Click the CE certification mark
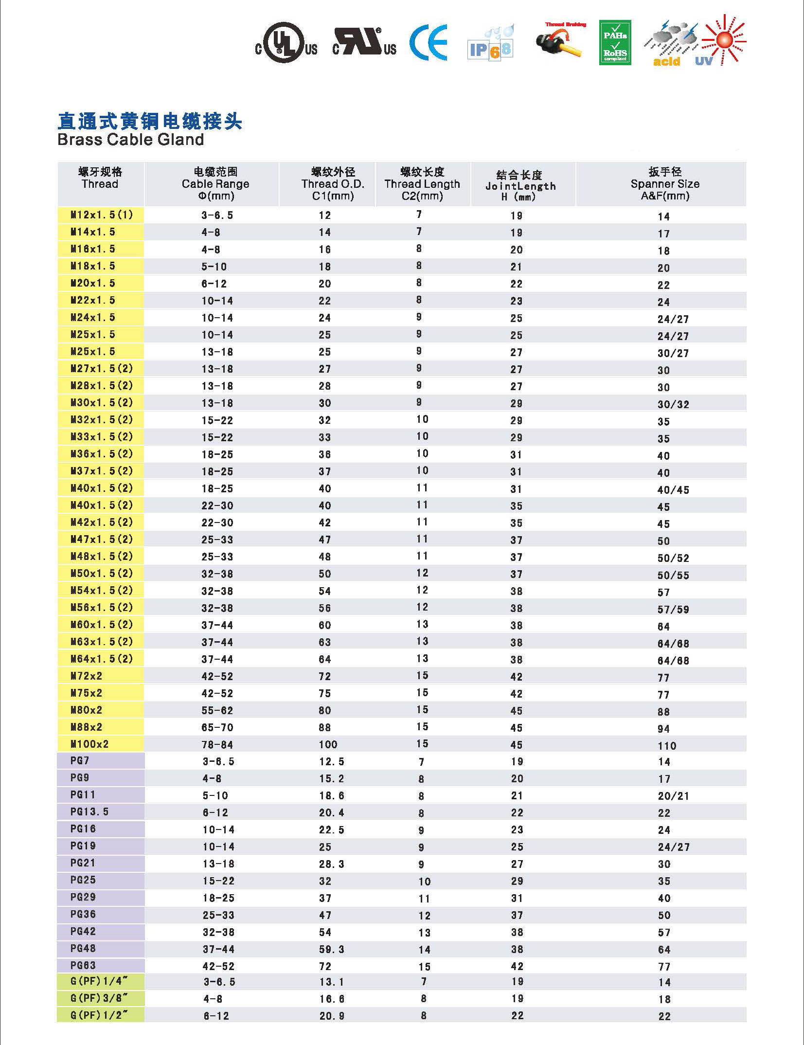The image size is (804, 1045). [428, 43]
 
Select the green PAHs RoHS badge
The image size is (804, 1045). [615, 42]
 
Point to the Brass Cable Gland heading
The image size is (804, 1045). [130, 140]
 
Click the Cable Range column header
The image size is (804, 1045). [215, 184]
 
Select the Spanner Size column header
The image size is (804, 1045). [664, 184]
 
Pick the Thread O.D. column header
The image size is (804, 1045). [333, 184]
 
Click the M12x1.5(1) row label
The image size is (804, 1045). [101, 215]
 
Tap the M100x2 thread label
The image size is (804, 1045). [89, 744]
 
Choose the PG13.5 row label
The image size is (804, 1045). [89, 811]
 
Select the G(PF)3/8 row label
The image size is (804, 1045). [99, 999]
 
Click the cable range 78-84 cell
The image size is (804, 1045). [217, 745]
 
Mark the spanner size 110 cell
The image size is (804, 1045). [666, 746]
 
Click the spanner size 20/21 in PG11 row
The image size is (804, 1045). [673, 796]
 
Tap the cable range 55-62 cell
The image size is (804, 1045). [217, 711]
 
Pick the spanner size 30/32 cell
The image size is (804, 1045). [673, 404]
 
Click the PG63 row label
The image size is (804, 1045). [83, 965]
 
